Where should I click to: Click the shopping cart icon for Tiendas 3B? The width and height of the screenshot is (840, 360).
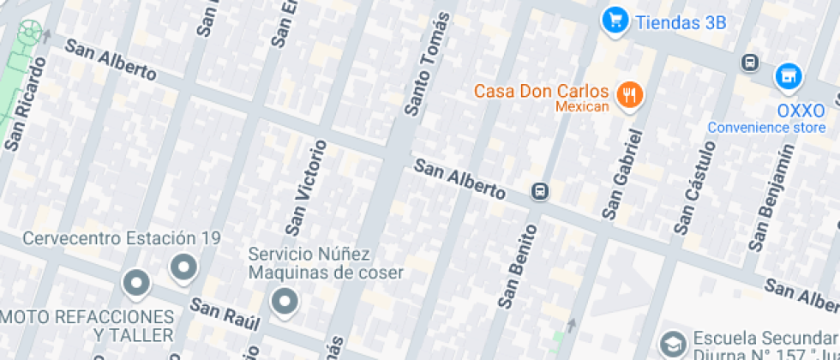615,21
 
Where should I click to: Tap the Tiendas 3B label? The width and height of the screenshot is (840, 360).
680,22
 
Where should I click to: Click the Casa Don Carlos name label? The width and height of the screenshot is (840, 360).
541,91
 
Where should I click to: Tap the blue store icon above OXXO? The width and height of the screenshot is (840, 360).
789,77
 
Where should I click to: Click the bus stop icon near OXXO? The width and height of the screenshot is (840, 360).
750,63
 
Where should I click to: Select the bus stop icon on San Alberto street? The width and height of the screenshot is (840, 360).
540,190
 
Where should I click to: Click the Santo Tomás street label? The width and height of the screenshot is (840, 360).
428,64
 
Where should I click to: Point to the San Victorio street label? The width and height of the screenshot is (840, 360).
307,187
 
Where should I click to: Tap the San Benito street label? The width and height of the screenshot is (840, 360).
519,265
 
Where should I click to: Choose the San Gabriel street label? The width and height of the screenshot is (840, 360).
623,174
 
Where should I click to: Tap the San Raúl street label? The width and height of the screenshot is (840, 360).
225,315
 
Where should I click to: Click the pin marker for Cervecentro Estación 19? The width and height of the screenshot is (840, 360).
183,268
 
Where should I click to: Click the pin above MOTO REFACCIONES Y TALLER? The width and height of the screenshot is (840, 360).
135,281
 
